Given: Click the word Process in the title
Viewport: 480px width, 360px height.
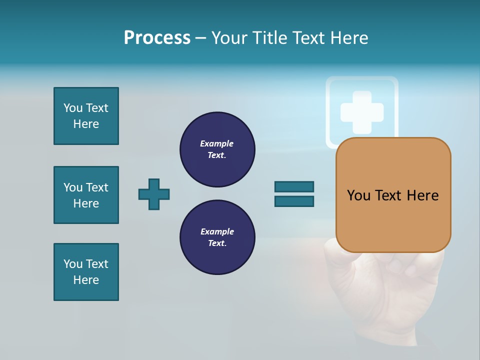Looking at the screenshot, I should coord(157,38).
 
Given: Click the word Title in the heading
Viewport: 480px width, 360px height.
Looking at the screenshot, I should coord(270,38).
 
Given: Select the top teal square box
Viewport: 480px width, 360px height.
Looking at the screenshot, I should coord(86,116).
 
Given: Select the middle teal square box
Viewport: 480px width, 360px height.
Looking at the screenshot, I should coord(86,195).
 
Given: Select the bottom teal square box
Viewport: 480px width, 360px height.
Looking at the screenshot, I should coord(86,272).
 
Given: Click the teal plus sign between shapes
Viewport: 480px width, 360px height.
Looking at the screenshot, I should coord(154,194).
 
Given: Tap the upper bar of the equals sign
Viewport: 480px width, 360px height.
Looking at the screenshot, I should coord(294,186).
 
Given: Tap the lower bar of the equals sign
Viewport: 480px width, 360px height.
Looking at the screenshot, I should coord(294,201).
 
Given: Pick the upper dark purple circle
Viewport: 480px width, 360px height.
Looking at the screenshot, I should coord(217,149).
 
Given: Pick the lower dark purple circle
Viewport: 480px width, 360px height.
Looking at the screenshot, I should coord(217,237).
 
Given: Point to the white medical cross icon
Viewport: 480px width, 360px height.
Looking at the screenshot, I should coord(362,112).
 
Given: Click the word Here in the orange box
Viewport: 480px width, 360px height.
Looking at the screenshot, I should coord(422,195).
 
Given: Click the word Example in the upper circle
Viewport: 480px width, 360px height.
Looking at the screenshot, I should coord(217,143).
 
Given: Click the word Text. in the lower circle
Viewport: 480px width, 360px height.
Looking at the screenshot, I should coord(217,243).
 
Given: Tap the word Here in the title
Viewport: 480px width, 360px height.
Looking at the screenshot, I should coord(348,38).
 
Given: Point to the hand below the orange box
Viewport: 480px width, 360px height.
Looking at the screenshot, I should coord(380,290).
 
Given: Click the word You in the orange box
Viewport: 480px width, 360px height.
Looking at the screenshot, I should coord(358,195).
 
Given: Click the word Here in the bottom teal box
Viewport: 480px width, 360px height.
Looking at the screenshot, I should coord(86,280).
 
